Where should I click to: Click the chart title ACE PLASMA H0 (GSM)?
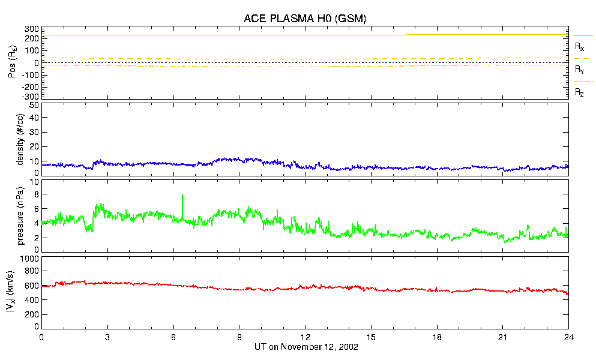point(305,19)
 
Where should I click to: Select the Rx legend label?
point(580,46)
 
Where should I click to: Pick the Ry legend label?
point(580,70)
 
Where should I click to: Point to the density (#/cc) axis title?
point(20,140)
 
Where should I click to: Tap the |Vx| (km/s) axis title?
point(20,293)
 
